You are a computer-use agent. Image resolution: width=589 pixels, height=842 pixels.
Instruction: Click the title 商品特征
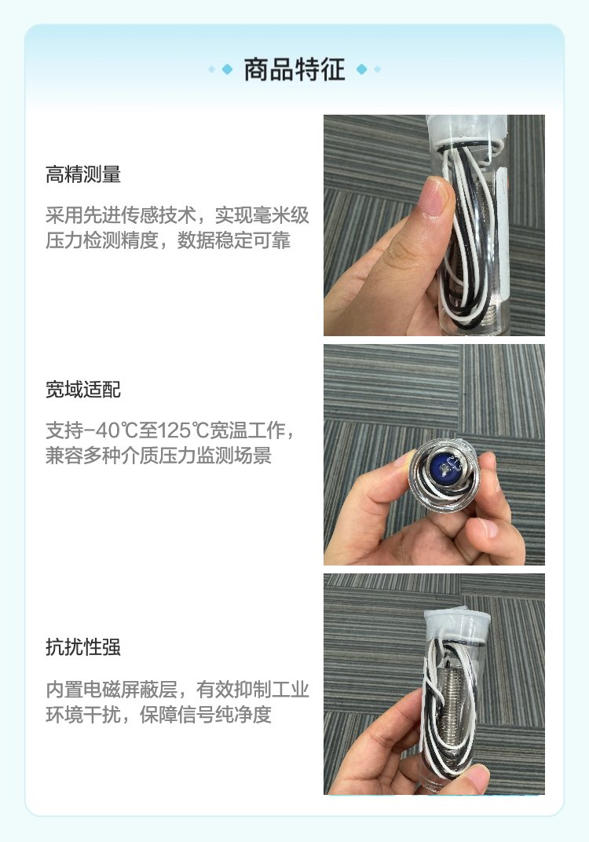coord(294,70)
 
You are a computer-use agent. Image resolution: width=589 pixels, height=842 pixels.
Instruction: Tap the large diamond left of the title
coord(227,69)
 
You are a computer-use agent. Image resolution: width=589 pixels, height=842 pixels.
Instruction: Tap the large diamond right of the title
coord(362,69)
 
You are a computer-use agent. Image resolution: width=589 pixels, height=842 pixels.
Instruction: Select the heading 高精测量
coord(83,174)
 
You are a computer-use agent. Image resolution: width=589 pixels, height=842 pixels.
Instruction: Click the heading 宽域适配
coord(83,390)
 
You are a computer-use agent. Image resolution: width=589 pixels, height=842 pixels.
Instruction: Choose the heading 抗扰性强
coord(83,647)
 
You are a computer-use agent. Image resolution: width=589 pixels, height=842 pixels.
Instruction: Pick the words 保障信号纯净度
coord(206,714)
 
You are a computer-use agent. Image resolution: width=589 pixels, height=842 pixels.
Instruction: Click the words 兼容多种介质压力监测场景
coord(159,456)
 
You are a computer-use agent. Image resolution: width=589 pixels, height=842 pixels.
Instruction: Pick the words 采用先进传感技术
coord(121,215)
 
